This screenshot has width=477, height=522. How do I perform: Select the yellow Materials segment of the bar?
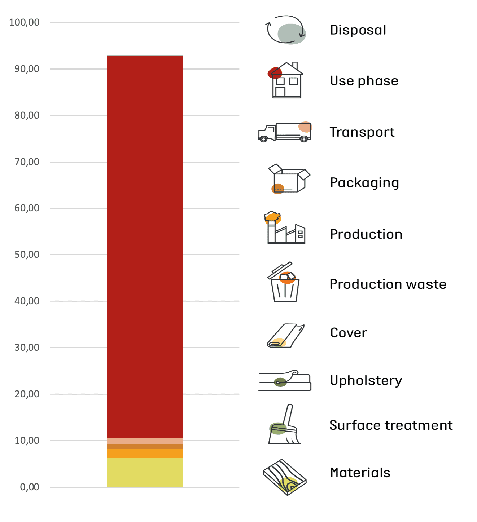(x=144, y=472)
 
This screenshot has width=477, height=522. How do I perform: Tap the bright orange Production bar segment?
(x=144, y=454)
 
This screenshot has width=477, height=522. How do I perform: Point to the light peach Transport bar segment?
(x=144, y=441)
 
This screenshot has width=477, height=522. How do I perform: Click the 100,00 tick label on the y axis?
(x=24, y=22)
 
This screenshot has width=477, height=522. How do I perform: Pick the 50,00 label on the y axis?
(x=27, y=255)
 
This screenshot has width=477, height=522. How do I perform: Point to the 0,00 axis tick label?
(x=30, y=487)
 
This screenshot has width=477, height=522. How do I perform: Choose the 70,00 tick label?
(x=27, y=162)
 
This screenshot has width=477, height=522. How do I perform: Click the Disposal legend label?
(x=358, y=30)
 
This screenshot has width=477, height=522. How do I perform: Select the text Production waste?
(x=388, y=284)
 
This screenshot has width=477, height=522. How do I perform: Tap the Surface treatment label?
(x=391, y=425)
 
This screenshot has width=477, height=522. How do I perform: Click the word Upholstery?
(x=366, y=381)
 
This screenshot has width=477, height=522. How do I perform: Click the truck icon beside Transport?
(x=285, y=132)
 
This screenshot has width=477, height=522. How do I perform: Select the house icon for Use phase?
(x=286, y=80)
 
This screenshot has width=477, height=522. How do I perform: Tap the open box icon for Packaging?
(x=288, y=179)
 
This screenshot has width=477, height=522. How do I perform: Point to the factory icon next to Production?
(x=285, y=229)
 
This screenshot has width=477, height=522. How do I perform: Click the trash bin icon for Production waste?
(x=284, y=283)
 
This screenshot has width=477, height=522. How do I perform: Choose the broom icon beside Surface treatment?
(x=284, y=425)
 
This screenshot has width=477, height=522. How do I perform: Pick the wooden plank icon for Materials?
(x=285, y=477)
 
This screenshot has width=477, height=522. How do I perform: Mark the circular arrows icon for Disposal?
(x=286, y=30)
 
